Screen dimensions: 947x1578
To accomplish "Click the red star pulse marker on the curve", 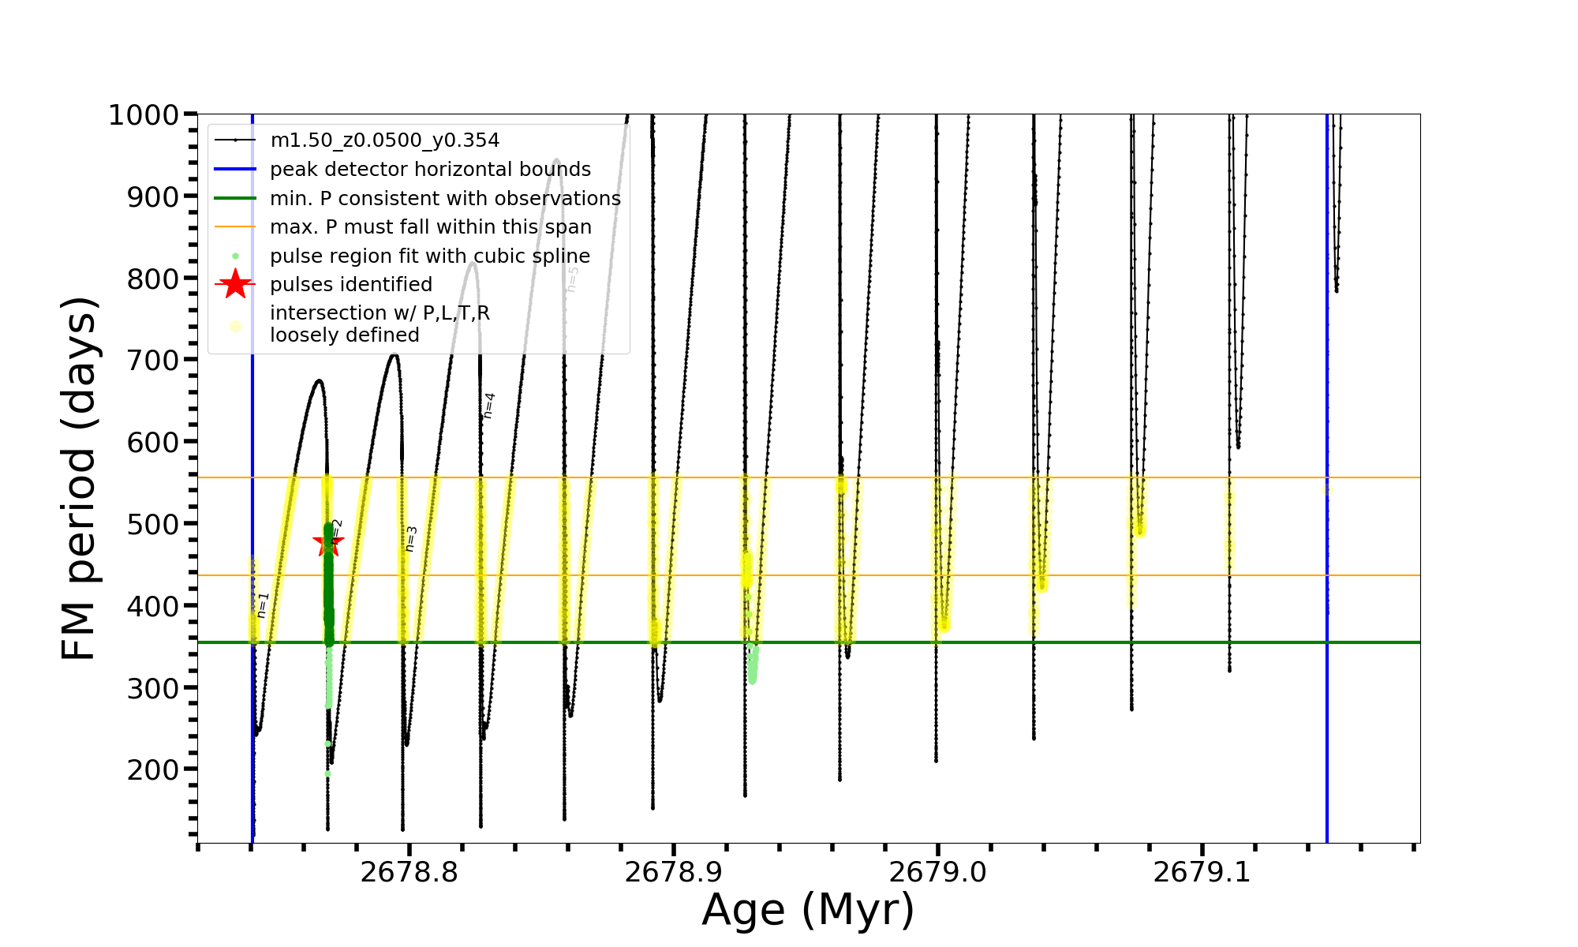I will click(x=328, y=543).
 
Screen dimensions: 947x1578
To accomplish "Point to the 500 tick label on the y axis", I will click(x=153, y=524).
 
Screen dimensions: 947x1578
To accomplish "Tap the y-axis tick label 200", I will click(x=153, y=769).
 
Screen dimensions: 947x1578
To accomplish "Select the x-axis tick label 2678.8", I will click(x=409, y=873).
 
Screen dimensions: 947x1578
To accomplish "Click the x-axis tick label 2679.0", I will click(x=937, y=873).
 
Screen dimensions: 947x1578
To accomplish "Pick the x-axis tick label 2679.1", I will click(x=1202, y=873).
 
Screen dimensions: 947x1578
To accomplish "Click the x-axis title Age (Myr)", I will click(x=808, y=910).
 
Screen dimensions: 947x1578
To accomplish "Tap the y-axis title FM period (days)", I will click(x=80, y=478).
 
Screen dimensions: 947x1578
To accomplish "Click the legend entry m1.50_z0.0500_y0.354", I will click(x=384, y=140).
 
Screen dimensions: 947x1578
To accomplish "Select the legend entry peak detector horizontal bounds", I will click(x=430, y=170).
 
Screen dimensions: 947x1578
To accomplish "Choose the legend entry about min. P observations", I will click(x=445, y=199).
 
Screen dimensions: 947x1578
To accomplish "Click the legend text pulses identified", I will click(x=351, y=285).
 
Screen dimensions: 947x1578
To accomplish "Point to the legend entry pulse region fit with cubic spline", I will click(x=430, y=256).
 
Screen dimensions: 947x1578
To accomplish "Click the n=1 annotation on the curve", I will click(x=264, y=605).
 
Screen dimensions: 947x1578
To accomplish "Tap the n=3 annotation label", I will click(x=411, y=539).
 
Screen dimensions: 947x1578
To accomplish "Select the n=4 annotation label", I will click(x=489, y=405).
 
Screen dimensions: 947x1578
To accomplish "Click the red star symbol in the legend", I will click(x=235, y=285).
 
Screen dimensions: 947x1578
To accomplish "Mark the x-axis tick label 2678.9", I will click(x=673, y=873).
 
